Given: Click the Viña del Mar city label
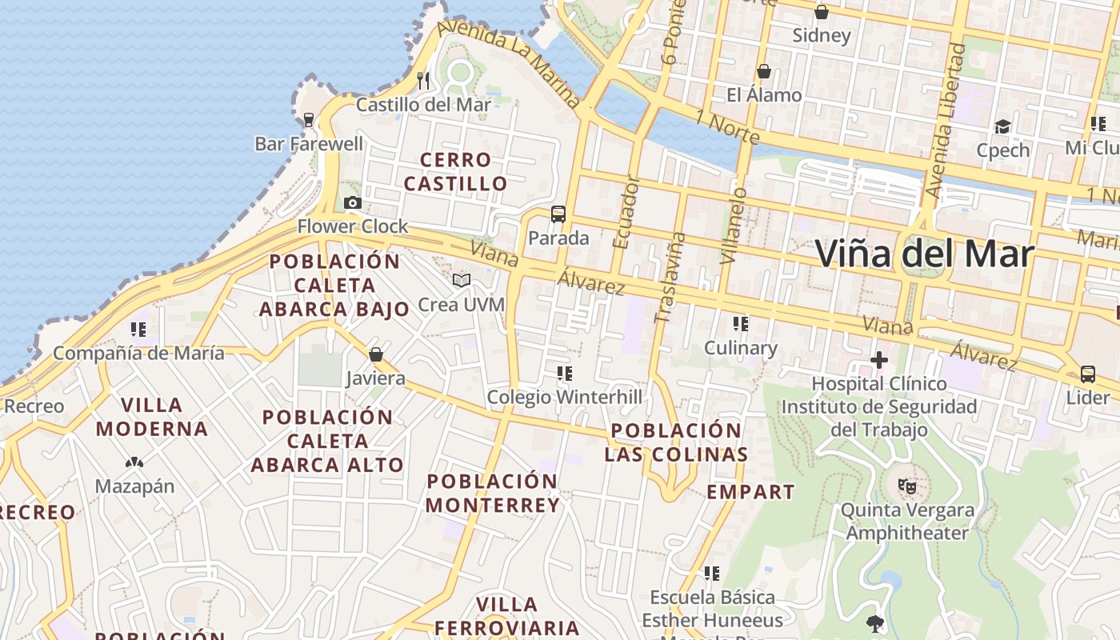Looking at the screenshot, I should coord(925,254).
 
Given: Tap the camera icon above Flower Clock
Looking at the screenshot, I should coord(353,203).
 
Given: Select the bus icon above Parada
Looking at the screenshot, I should coord(558,214).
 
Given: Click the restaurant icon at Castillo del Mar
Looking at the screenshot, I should coord(424,81).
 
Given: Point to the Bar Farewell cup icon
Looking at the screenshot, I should coord(309,120).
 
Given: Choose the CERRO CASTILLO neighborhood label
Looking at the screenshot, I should coord(455,172).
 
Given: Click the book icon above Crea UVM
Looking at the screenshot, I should coord(462,280).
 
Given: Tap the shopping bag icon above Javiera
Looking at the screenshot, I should coord(376,354).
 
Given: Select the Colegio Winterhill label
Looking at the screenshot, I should coord(565,397).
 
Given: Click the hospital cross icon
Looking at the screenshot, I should coord(879,360).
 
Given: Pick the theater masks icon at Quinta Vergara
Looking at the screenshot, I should coord(907,486).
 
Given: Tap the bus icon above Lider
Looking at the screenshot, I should coord(1088,374).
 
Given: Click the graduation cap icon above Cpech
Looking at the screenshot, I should coord(1002,126).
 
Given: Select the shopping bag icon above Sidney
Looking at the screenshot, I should coord(822,12).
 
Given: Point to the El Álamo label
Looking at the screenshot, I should coord(764,95).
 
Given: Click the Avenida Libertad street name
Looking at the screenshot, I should coord(946,120).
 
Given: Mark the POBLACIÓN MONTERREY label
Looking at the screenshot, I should coord(493,494).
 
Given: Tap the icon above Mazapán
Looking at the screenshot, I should coord(134,462).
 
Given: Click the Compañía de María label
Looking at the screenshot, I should coord(139,353).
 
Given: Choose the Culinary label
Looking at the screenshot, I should coord(741,348).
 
